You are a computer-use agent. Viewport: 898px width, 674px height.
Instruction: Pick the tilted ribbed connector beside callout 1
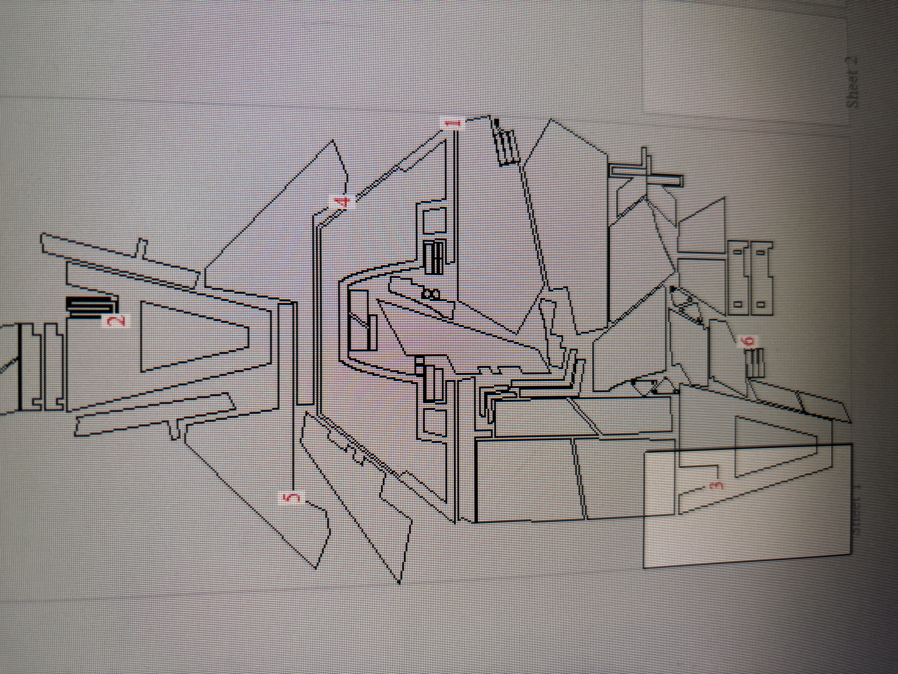pos(505,146)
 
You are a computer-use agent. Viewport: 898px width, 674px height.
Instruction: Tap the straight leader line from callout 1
pos(455,211)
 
